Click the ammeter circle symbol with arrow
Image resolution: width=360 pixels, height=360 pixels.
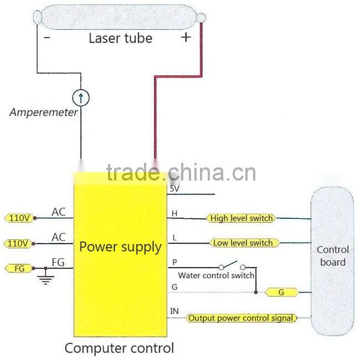click(81, 99)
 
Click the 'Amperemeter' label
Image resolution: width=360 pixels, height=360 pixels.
click(44, 112)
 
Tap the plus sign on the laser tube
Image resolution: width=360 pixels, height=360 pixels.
click(186, 37)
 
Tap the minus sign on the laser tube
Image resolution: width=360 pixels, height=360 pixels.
click(47, 38)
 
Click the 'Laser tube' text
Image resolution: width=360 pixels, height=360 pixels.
click(120, 38)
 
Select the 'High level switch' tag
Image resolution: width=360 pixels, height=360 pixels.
click(241, 218)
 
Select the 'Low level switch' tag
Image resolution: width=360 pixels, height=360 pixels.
click(243, 243)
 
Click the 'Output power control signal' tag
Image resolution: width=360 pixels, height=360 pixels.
click(241, 318)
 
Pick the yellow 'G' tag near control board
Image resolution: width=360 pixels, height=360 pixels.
click(281, 292)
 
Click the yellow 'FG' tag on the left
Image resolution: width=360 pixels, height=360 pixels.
click(18, 269)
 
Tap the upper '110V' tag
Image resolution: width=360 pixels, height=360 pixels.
click(19, 218)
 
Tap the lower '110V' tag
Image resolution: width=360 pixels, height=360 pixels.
click(19, 243)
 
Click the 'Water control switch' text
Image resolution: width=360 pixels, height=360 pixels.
click(216, 275)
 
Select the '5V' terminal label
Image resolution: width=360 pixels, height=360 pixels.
click(174, 189)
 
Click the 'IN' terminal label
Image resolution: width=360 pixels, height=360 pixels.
click(174, 312)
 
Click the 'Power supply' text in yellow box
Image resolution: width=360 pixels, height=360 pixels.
click(120, 246)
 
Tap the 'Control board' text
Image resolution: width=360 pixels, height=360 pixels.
click(332, 256)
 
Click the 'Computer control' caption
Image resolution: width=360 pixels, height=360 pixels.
click(119, 348)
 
